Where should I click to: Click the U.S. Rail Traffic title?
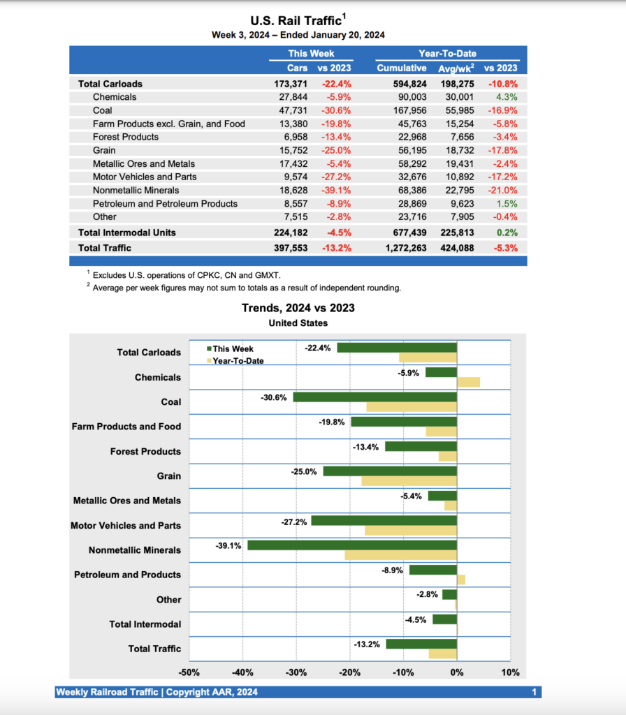pyautogui.click(x=296, y=20)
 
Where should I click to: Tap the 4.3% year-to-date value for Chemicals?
pyautogui.click(x=508, y=97)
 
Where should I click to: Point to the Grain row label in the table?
pyautogui.click(x=104, y=150)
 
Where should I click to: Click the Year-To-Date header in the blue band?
pyautogui.click(x=448, y=53)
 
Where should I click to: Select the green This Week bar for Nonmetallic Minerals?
pyautogui.click(x=352, y=545)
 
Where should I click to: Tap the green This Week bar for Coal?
pyautogui.click(x=374, y=397)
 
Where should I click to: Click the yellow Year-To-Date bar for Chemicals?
pyautogui.click(x=468, y=382)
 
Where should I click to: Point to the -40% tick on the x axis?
pyautogui.click(x=243, y=672)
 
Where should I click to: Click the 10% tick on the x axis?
pyautogui.click(x=510, y=672)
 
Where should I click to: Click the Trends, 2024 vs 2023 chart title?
pyautogui.click(x=298, y=308)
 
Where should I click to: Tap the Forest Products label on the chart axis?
pyautogui.click(x=145, y=452)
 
